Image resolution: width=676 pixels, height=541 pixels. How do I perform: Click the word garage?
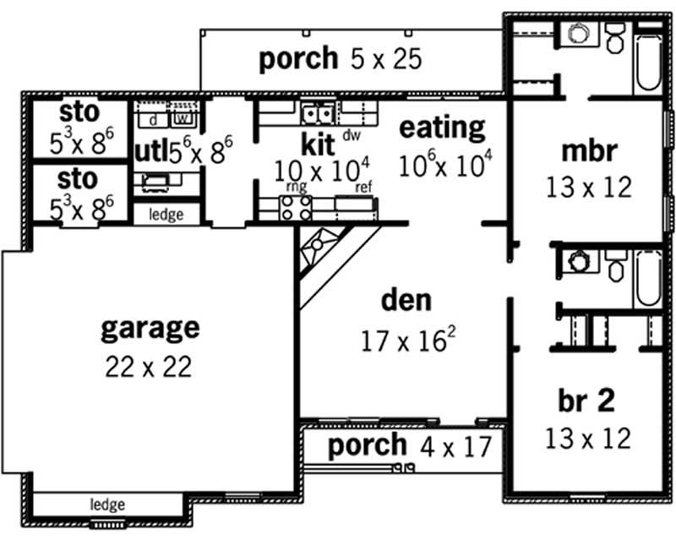[x=150, y=328]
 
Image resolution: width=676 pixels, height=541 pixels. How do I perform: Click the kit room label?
[x=319, y=140]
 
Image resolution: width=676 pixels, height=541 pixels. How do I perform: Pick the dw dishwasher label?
[x=352, y=135]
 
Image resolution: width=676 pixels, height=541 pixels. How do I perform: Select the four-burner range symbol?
[x=296, y=208]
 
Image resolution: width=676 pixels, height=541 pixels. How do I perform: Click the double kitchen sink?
[x=317, y=112]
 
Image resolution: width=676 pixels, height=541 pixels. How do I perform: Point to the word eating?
[x=442, y=128]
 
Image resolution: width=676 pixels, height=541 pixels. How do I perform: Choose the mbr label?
[x=589, y=151]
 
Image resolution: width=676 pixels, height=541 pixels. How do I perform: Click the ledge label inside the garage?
[x=107, y=505]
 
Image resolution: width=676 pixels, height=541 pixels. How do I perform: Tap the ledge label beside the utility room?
[x=166, y=215]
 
